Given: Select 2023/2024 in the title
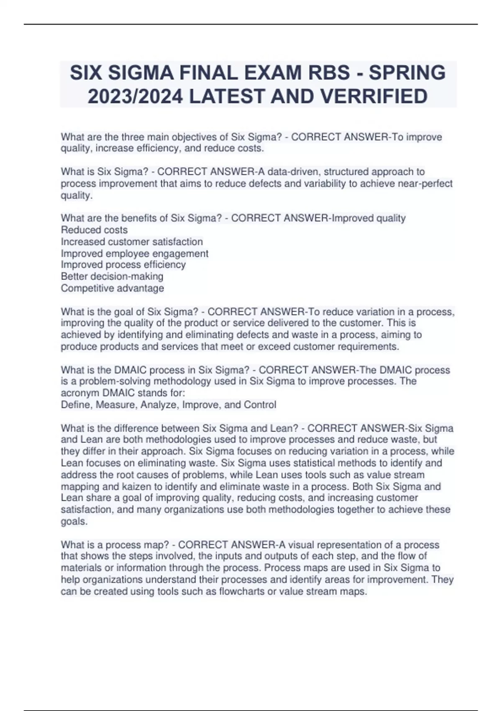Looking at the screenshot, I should [135, 96].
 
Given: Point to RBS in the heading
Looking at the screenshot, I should [329, 73].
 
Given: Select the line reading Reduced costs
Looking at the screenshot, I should [94, 230].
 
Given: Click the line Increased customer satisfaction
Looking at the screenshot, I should [132, 241].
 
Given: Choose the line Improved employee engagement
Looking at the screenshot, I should [134, 253].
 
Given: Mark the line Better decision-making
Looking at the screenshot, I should [112, 276].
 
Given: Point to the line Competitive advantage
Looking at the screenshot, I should [112, 288].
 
